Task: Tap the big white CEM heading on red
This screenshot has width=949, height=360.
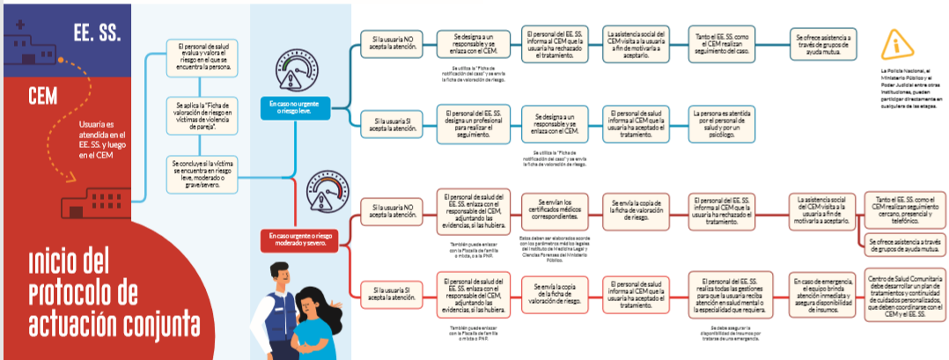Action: tap(44, 92)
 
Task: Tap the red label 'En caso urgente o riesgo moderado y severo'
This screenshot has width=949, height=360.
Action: tap(301, 240)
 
